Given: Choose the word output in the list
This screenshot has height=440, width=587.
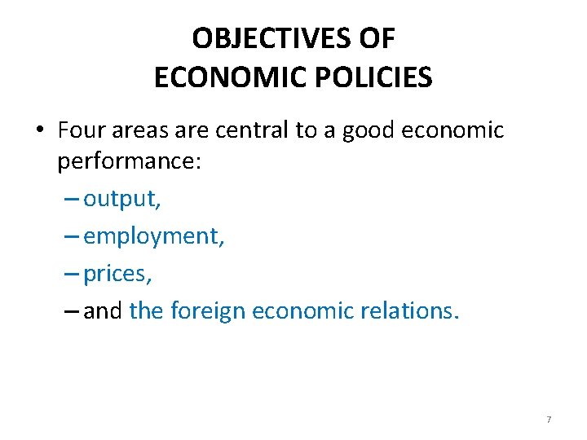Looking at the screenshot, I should coord(120,198).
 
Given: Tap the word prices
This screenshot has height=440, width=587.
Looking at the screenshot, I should coord(116,274).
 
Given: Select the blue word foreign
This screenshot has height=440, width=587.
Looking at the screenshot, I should coord(209,310).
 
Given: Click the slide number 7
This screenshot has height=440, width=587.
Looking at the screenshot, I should coord(549,419).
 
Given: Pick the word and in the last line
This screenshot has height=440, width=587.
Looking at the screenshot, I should coord(102,310).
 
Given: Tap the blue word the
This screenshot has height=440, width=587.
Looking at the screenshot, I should coord(147,310).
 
